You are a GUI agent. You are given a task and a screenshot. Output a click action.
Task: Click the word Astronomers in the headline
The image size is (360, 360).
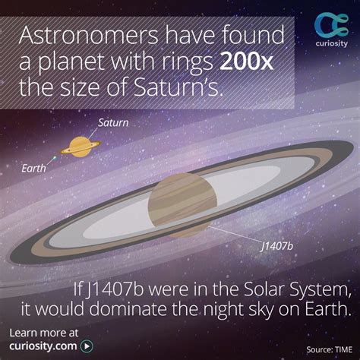(x=88, y=35)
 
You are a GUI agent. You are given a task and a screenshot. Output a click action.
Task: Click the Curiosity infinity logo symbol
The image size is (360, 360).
(x=331, y=25)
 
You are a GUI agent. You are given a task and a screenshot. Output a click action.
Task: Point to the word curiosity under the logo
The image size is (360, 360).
(x=331, y=43)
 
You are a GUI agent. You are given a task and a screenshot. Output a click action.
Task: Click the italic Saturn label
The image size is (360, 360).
(x=113, y=123)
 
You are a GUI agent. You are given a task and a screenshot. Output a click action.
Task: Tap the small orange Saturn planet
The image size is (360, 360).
(x=81, y=147)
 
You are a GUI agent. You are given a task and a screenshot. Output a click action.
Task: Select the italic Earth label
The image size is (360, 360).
(x=33, y=169)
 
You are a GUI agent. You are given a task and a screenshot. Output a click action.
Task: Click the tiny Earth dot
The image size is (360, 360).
(x=54, y=159)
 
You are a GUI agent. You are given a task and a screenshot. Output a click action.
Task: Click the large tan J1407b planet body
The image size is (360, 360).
(x=182, y=203)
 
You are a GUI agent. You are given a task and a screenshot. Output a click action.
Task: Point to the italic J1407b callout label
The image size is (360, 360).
(x=276, y=246)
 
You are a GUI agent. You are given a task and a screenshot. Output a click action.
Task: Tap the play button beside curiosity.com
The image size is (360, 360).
(x=87, y=346)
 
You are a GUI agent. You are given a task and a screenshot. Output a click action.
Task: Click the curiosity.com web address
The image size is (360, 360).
(x=43, y=346)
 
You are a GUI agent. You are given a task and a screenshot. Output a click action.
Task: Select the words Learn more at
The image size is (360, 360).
(x=44, y=333)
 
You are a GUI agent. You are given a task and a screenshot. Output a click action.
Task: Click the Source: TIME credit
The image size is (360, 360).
(x=329, y=349)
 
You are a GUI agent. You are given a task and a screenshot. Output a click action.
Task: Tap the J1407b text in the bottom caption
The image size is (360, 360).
(x=115, y=291)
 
